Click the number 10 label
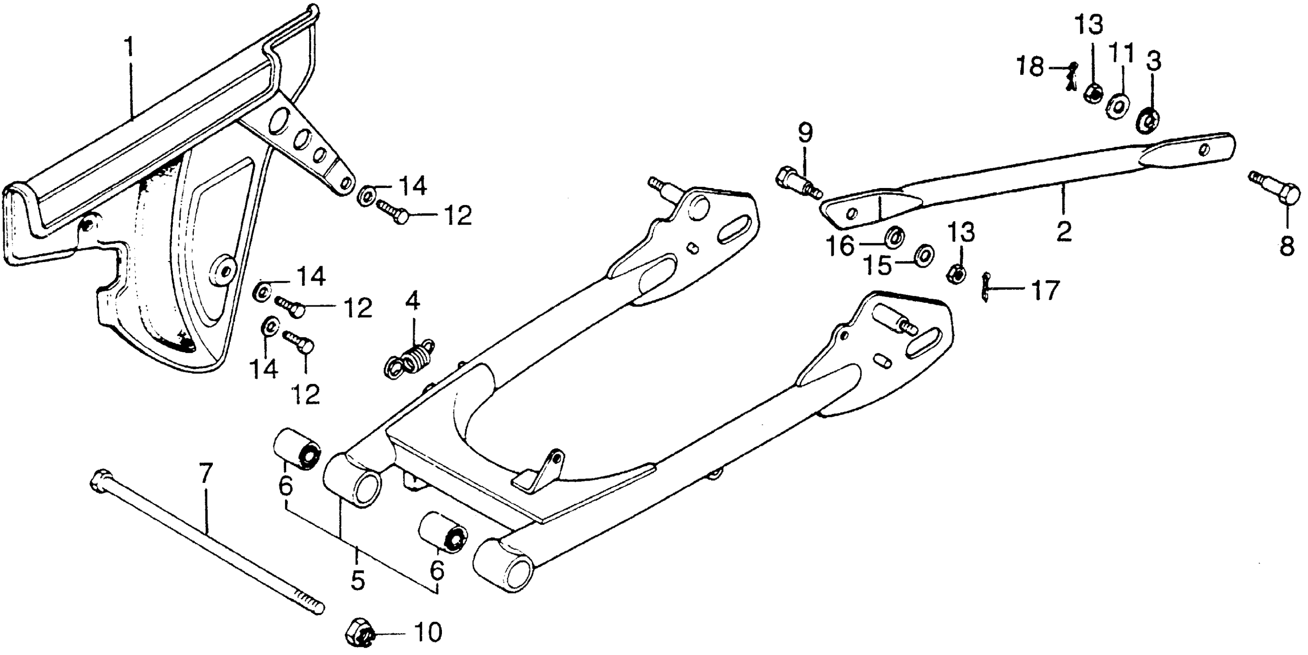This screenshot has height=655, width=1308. tap(428, 633)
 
